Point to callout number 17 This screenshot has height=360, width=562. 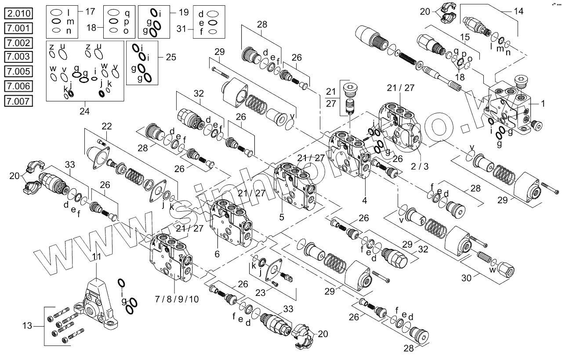tap(90, 10)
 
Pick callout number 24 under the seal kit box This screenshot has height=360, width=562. tap(84, 111)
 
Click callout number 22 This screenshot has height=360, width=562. tap(107, 126)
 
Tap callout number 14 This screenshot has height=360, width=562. tap(519, 11)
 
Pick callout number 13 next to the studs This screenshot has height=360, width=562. tap(27, 326)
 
